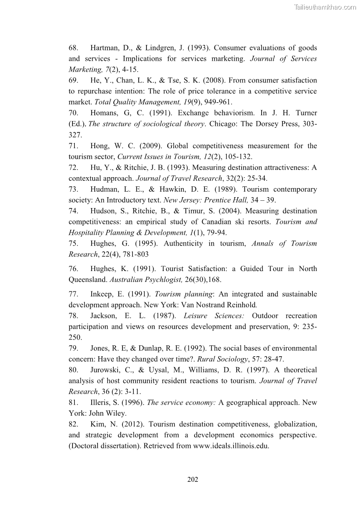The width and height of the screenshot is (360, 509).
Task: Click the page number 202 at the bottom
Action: pyautogui.click(x=193, y=480)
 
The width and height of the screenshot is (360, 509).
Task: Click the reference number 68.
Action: pyautogui.click(x=73, y=48)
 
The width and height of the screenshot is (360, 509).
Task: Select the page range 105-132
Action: pyautogui.click(x=234, y=157)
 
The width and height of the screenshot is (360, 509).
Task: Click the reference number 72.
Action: pyautogui.click(x=73, y=168)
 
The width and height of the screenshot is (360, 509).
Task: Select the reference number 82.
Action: pyautogui.click(x=73, y=425)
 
